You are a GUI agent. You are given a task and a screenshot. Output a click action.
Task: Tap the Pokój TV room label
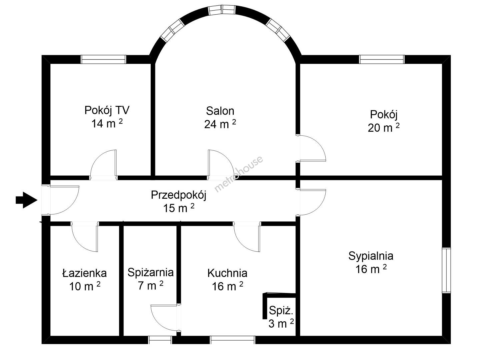pyautogui.click(x=107, y=117)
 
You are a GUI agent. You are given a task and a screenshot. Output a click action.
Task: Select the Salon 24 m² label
pyautogui.click(x=220, y=118)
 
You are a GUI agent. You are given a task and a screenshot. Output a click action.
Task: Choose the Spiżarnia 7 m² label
pyautogui.click(x=150, y=279)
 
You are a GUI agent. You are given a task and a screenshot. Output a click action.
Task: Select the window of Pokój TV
pyautogui.click(x=103, y=59)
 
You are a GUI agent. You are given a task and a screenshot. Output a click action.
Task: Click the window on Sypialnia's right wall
pyautogui.click(x=446, y=270)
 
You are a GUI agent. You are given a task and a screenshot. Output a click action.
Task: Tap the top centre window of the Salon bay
pyautogui.click(x=222, y=10)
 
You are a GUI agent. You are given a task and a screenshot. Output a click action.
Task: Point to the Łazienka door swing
pyautogui.click(x=84, y=237)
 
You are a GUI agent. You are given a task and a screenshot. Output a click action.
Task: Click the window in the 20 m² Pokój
pyautogui.click(x=382, y=59)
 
